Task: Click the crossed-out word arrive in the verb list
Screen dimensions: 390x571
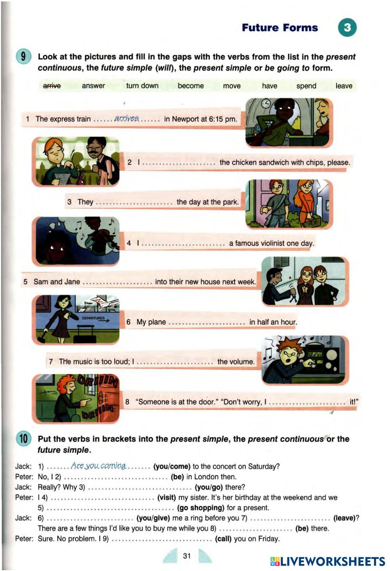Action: (52, 86)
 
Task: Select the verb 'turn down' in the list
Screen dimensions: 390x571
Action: (142, 86)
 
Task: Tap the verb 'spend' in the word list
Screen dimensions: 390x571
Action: (306, 86)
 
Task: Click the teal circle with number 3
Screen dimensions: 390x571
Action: (347, 28)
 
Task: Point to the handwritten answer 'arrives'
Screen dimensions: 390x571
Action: (126, 118)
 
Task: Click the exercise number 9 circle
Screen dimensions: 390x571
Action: (23, 57)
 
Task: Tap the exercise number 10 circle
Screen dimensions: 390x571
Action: (23, 439)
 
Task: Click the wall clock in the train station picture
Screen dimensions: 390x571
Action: (266, 104)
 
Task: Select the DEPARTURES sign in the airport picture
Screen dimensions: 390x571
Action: (95, 319)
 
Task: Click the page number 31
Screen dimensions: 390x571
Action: (187, 556)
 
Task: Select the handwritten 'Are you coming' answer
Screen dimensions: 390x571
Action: (98, 466)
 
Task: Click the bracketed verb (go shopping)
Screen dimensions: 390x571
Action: (200, 507)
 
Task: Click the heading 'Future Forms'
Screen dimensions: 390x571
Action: (280, 28)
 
